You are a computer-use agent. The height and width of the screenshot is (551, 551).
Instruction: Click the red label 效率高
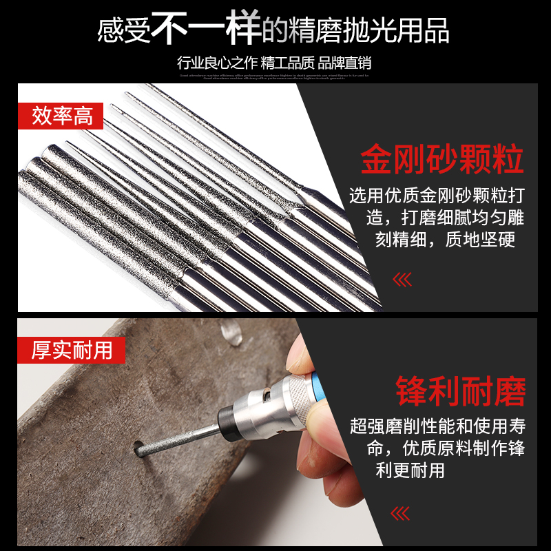[63, 115]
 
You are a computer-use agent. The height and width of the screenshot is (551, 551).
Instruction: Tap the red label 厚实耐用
[72, 350]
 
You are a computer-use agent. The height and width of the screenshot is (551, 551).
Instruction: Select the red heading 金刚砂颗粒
[442, 159]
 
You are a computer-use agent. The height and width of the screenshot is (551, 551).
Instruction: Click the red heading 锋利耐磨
[461, 392]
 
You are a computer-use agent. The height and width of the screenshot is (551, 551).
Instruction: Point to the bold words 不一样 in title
[206, 28]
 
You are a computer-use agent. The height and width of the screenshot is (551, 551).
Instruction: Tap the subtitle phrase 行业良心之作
[213, 63]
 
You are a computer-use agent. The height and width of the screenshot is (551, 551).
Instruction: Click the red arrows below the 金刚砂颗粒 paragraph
[401, 280]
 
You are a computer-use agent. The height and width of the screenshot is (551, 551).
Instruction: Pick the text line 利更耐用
[410, 470]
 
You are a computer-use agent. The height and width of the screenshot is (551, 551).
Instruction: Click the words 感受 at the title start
[124, 31]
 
